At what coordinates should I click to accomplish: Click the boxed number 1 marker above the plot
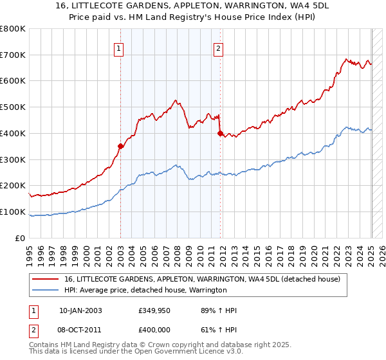click(120, 48)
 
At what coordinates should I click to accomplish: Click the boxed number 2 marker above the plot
click(219, 48)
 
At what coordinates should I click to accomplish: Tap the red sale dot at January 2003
click(120, 146)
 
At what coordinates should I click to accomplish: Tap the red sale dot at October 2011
click(220, 133)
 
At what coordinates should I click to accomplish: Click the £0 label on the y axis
click(20, 238)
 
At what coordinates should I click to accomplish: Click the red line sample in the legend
click(46, 280)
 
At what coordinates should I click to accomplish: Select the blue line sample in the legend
click(46, 291)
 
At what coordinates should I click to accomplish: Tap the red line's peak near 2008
click(176, 101)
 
